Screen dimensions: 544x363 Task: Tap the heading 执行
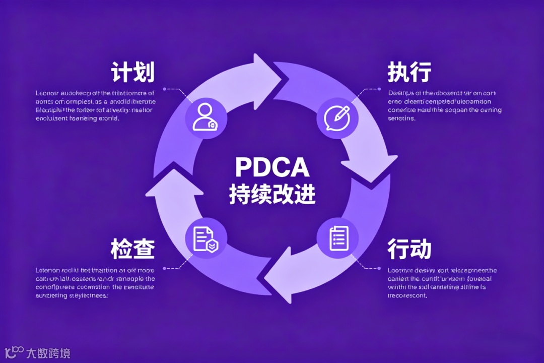coord(409,73)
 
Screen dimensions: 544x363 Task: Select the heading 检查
coord(132,249)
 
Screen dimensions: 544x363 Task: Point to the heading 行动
coord(409,249)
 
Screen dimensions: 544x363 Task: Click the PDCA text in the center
coord(272,168)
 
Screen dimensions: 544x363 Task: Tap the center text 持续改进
coord(272,194)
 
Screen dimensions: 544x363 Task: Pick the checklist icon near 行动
coord(337,237)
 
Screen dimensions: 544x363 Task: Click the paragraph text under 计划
coord(95,106)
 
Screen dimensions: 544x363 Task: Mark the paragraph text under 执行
coord(445,106)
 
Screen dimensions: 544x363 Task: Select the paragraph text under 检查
coord(95,283)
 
